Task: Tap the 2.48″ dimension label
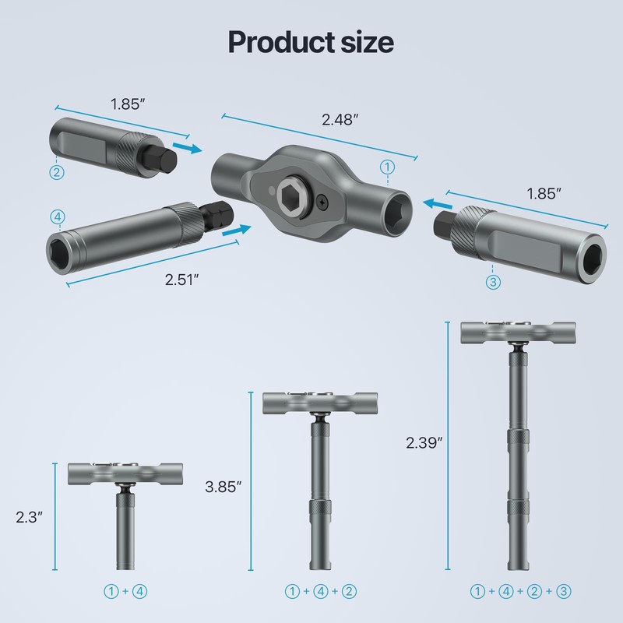click(340, 120)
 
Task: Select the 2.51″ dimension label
click(182, 280)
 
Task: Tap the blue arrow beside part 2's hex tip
click(185, 147)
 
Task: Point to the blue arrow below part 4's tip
click(238, 230)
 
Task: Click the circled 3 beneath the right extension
click(492, 283)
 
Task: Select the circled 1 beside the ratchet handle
click(386, 166)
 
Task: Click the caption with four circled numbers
click(520, 591)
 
